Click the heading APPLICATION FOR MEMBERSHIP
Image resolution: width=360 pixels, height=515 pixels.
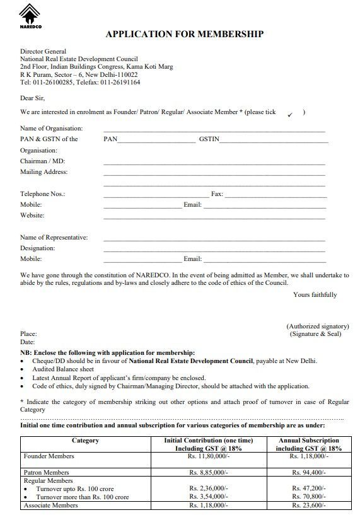pyautogui.click(x=184, y=34)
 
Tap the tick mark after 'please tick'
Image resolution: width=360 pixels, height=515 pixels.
pyautogui.click(x=289, y=114)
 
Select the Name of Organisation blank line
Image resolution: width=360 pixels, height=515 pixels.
pyautogui.click(x=214, y=130)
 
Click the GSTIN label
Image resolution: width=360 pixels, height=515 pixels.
pyautogui.click(x=208, y=139)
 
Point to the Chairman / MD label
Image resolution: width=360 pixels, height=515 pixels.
pyautogui.click(x=42, y=161)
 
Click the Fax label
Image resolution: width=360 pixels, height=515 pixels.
pyautogui.click(x=217, y=194)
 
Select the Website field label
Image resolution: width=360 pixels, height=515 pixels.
pyautogui.click(x=32, y=216)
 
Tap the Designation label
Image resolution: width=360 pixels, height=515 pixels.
pyautogui.click(x=38, y=248)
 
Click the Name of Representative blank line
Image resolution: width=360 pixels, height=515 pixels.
pyautogui.click(x=214, y=240)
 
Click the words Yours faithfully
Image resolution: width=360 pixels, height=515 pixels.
pyautogui.click(x=315, y=295)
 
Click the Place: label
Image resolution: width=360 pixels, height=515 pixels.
pyautogui.click(x=28, y=333)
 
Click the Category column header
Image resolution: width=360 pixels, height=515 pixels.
pyautogui.click(x=85, y=441)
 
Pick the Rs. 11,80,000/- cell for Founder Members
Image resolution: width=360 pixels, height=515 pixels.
pyautogui.click(x=209, y=456)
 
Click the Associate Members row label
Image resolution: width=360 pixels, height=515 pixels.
pyautogui.click(x=50, y=506)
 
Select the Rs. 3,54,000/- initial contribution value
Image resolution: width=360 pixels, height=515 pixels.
pyautogui.click(x=209, y=497)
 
